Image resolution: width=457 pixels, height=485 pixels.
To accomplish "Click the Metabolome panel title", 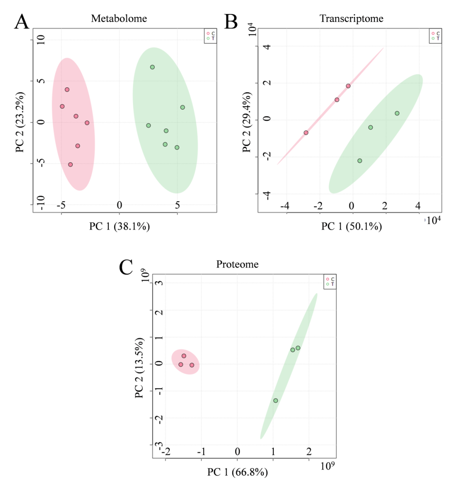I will click(119, 19).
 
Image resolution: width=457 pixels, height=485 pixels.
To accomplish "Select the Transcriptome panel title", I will click(351, 19).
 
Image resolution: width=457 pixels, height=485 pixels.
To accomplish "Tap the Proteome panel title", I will click(237, 264).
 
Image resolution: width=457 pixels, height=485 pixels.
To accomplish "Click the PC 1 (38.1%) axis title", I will click(119, 227).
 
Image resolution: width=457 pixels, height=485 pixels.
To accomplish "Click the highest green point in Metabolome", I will click(152, 67).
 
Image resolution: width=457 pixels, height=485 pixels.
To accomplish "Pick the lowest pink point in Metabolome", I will click(70, 164).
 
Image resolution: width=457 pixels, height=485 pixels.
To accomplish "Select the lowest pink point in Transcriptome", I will click(306, 133).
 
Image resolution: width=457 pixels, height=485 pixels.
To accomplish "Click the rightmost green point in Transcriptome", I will click(397, 113).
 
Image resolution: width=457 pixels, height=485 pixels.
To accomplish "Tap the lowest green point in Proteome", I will click(275, 400).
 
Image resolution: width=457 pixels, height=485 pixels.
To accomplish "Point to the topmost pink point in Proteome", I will click(184, 356).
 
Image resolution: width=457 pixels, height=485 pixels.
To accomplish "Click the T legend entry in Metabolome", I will click(210, 38).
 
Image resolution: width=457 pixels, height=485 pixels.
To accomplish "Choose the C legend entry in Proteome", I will click(330, 279).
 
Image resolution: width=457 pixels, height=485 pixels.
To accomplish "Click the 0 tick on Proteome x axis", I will click(238, 452).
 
